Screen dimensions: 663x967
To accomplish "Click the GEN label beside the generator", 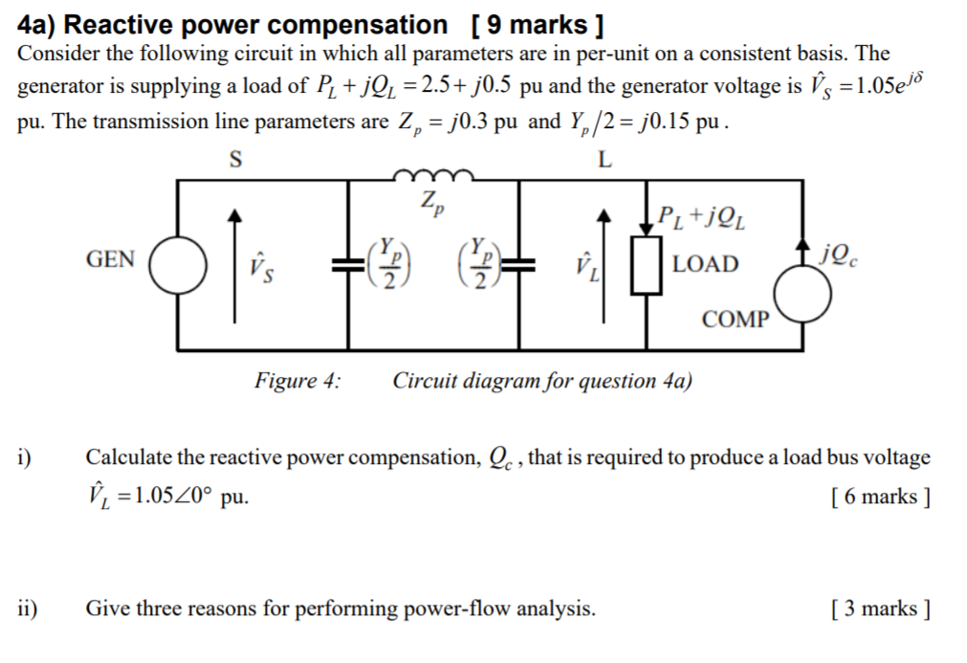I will (111, 259).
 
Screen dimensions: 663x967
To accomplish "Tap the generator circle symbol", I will (176, 266).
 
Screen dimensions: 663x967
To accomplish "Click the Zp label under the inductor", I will (431, 203).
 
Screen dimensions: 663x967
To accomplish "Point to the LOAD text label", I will (706, 264).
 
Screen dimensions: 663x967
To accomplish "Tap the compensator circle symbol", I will (802, 293).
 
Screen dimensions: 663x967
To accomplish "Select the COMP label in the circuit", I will (735, 320).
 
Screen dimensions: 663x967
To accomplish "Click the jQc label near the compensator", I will (839, 254).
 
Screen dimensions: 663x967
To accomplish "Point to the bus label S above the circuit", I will (236, 160).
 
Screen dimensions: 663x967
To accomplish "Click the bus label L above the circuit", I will (604, 160).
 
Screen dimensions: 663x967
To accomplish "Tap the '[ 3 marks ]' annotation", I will (881, 608).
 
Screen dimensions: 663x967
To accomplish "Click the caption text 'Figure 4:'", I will (297, 381).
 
